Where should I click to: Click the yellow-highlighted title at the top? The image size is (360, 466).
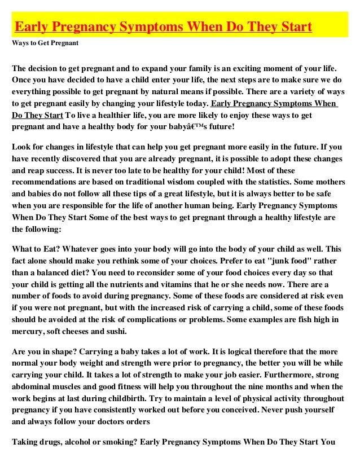tap(163, 27)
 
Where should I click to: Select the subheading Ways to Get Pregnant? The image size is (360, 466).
tap(45, 43)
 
